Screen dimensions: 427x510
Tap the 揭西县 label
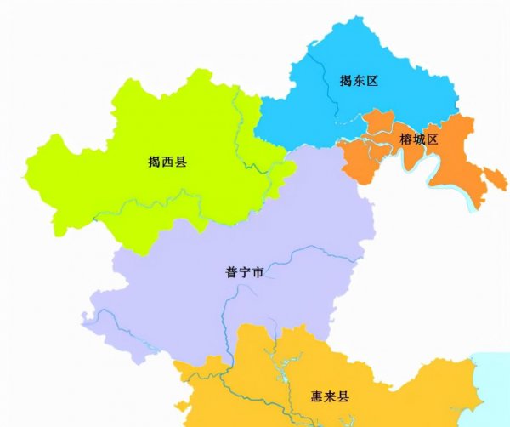[x=167, y=161]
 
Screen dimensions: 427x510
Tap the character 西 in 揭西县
[x=167, y=161]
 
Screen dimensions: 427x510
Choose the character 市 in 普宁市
[x=257, y=273]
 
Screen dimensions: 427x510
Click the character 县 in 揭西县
[x=180, y=161]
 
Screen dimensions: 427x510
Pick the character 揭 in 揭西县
[x=155, y=161]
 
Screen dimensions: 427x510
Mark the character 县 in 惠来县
[x=344, y=396]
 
